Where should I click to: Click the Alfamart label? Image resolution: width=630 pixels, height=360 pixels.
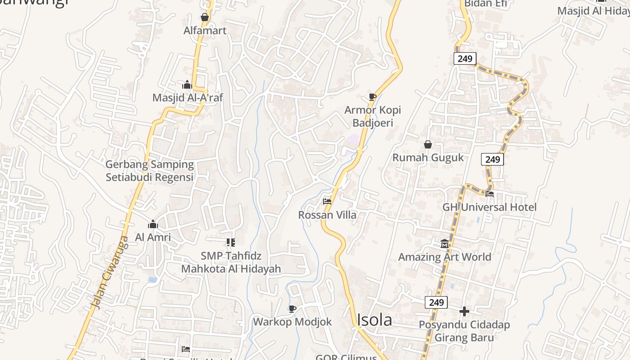(205, 31)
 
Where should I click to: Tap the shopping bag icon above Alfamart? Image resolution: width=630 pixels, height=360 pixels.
(205, 18)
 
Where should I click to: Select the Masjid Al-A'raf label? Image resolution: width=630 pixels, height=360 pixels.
(188, 98)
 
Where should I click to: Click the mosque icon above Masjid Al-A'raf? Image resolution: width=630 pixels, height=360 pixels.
(187, 85)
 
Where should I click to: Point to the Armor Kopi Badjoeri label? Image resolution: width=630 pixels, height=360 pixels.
(373, 117)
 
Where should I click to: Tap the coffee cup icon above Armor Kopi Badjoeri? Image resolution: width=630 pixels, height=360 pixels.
(373, 97)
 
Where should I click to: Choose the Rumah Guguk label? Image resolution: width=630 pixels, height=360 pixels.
(428, 157)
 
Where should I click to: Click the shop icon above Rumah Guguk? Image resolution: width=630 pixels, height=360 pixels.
(428, 144)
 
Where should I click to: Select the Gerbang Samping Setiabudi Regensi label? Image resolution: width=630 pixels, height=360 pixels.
(149, 171)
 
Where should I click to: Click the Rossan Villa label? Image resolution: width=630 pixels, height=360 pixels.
(327, 215)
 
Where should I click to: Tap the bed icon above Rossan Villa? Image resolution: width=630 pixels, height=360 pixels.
(327, 202)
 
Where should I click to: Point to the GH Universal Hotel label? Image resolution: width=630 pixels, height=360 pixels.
(490, 207)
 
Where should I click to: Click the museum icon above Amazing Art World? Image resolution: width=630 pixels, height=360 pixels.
(445, 243)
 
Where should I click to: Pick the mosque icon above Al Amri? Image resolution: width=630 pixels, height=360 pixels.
(153, 224)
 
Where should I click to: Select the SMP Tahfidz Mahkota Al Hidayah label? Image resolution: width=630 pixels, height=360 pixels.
(231, 262)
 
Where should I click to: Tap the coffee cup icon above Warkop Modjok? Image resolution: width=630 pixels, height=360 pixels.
(292, 309)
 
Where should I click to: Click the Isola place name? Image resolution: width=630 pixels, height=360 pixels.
(374, 319)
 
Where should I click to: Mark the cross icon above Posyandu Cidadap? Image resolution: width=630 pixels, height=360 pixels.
(464, 311)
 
